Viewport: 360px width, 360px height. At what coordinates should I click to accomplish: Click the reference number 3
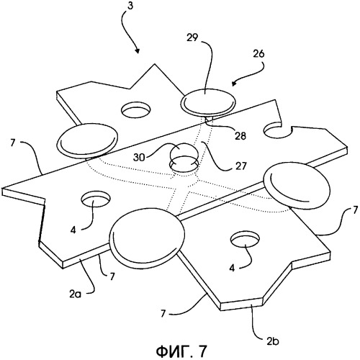130,6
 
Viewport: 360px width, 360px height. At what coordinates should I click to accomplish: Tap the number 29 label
192,37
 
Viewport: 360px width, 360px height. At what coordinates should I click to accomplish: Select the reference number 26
258,53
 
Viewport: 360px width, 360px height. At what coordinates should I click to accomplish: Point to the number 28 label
240,136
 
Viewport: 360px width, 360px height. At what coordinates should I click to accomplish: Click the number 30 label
140,158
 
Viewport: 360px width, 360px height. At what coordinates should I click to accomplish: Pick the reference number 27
241,166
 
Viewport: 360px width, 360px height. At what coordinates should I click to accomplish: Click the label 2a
76,294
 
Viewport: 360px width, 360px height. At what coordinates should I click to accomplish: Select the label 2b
273,341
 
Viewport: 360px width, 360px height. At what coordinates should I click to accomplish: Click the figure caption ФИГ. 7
181,352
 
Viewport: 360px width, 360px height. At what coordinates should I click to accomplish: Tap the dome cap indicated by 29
208,102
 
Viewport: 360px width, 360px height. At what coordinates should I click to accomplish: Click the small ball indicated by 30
184,153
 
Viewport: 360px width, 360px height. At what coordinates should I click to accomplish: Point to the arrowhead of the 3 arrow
138,50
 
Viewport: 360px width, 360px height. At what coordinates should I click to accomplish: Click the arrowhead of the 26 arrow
234,84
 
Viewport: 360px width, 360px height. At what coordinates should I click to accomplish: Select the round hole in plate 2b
245,239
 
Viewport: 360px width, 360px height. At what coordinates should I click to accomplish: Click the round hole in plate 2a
96,199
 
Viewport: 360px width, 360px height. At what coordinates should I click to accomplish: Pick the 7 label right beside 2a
112,276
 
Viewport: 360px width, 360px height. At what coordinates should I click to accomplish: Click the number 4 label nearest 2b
232,268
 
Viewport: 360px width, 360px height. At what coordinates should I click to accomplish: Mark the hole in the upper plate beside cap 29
136,110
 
